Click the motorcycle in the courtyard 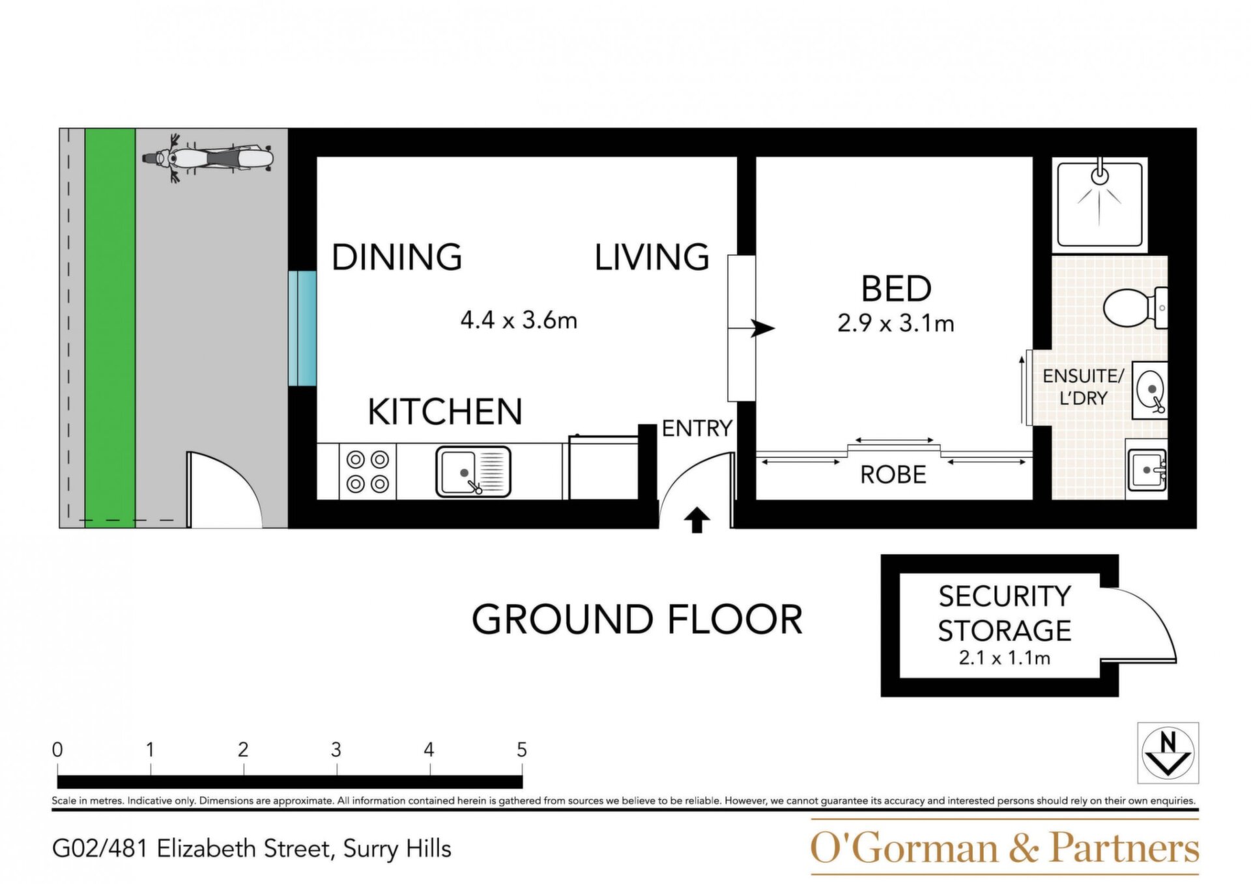click(x=207, y=159)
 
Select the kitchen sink click(x=473, y=472)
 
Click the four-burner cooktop click(x=367, y=472)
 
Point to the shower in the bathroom click(x=1100, y=204)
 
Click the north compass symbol click(x=1168, y=752)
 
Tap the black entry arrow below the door click(x=697, y=520)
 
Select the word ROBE click(x=893, y=475)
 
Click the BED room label click(x=897, y=289)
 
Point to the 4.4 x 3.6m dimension click(x=519, y=321)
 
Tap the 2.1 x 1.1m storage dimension click(x=1004, y=658)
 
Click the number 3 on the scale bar click(x=336, y=750)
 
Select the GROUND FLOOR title click(x=637, y=620)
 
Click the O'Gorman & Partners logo click(x=1004, y=848)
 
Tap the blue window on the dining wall click(x=302, y=328)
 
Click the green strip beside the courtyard click(x=110, y=328)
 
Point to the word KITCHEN click(x=445, y=412)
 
